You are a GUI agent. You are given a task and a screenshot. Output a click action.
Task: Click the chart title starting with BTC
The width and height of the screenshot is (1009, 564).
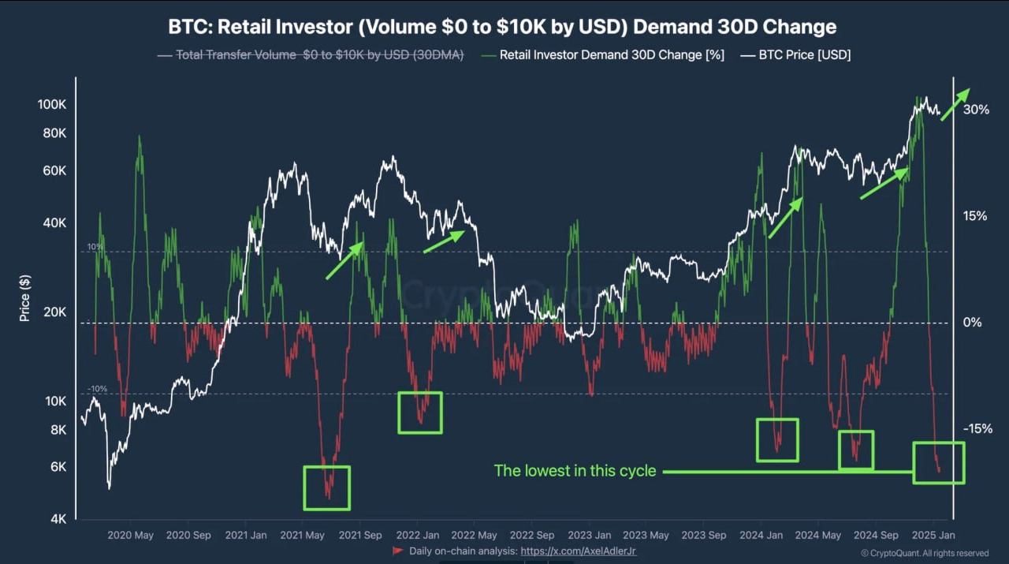click(502, 26)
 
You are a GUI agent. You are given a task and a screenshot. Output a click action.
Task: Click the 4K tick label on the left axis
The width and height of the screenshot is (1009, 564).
click(59, 519)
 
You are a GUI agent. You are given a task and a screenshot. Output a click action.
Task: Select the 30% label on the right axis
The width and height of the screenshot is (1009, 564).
click(976, 110)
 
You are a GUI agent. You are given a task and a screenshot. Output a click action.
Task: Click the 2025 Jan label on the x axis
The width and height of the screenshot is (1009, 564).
click(933, 535)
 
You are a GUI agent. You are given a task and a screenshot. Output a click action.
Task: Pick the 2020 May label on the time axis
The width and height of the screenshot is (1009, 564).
click(130, 535)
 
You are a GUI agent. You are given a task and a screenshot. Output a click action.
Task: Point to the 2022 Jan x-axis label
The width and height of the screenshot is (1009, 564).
click(418, 535)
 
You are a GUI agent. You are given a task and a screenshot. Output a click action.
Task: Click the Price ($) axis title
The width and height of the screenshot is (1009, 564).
click(25, 297)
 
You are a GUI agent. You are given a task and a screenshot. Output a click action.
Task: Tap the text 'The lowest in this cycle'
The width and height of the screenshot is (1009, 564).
click(575, 471)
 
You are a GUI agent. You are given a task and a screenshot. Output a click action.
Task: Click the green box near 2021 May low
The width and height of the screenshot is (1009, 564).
click(326, 487)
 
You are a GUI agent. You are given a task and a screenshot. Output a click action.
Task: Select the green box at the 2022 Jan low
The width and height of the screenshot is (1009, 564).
click(420, 413)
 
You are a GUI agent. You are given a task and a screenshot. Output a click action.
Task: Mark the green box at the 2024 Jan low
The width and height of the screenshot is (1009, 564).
click(777, 440)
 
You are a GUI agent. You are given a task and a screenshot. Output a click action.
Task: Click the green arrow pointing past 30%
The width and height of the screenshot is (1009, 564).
click(955, 103)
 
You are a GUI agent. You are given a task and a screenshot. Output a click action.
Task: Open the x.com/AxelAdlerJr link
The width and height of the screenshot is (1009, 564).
click(578, 551)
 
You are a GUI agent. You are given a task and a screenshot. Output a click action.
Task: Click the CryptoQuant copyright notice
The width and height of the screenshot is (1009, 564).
click(925, 553)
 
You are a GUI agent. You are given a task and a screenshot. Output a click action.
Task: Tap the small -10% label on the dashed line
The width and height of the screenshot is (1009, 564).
click(97, 389)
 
